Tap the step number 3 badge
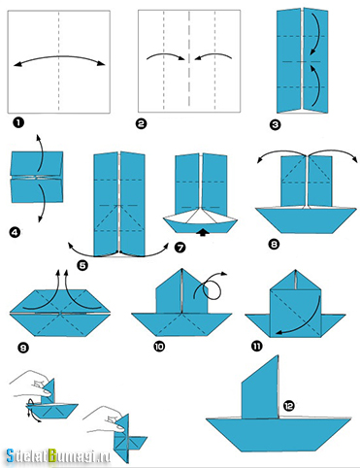click(275, 124)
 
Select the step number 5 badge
click(82, 265)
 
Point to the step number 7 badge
click(180, 248)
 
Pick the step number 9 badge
click(23, 348)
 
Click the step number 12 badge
click(289, 405)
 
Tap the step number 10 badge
click(159, 347)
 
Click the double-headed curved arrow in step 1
click(59, 57)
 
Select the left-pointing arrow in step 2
click(213, 55)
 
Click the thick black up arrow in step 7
click(203, 232)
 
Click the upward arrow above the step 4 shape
click(40, 152)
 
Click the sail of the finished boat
click(260, 387)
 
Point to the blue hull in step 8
click(306, 219)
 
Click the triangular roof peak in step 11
click(295, 280)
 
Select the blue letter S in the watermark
click(11, 455)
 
